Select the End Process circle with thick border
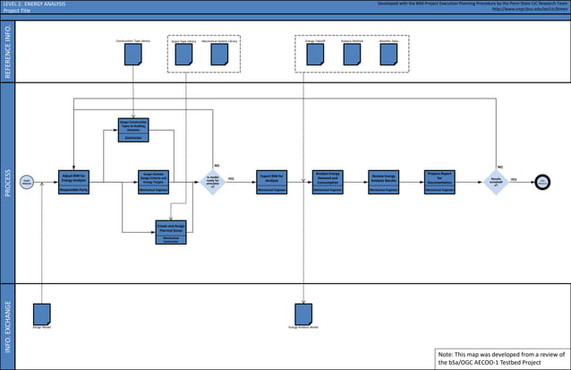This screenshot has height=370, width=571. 542,182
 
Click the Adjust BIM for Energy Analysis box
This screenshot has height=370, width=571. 73,180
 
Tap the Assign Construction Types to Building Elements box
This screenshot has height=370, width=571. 133,130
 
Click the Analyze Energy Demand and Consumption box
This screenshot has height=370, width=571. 328,181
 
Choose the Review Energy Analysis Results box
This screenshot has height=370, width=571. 383,181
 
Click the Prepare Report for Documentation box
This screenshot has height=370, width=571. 439,181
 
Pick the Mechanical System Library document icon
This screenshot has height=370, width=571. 218,56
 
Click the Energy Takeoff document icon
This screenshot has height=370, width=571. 315,56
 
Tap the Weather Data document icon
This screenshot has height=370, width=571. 388,56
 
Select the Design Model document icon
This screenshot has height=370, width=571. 41,314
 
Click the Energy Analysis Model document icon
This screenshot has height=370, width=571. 303,314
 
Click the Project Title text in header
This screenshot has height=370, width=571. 17,11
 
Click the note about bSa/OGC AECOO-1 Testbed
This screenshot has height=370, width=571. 500,358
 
